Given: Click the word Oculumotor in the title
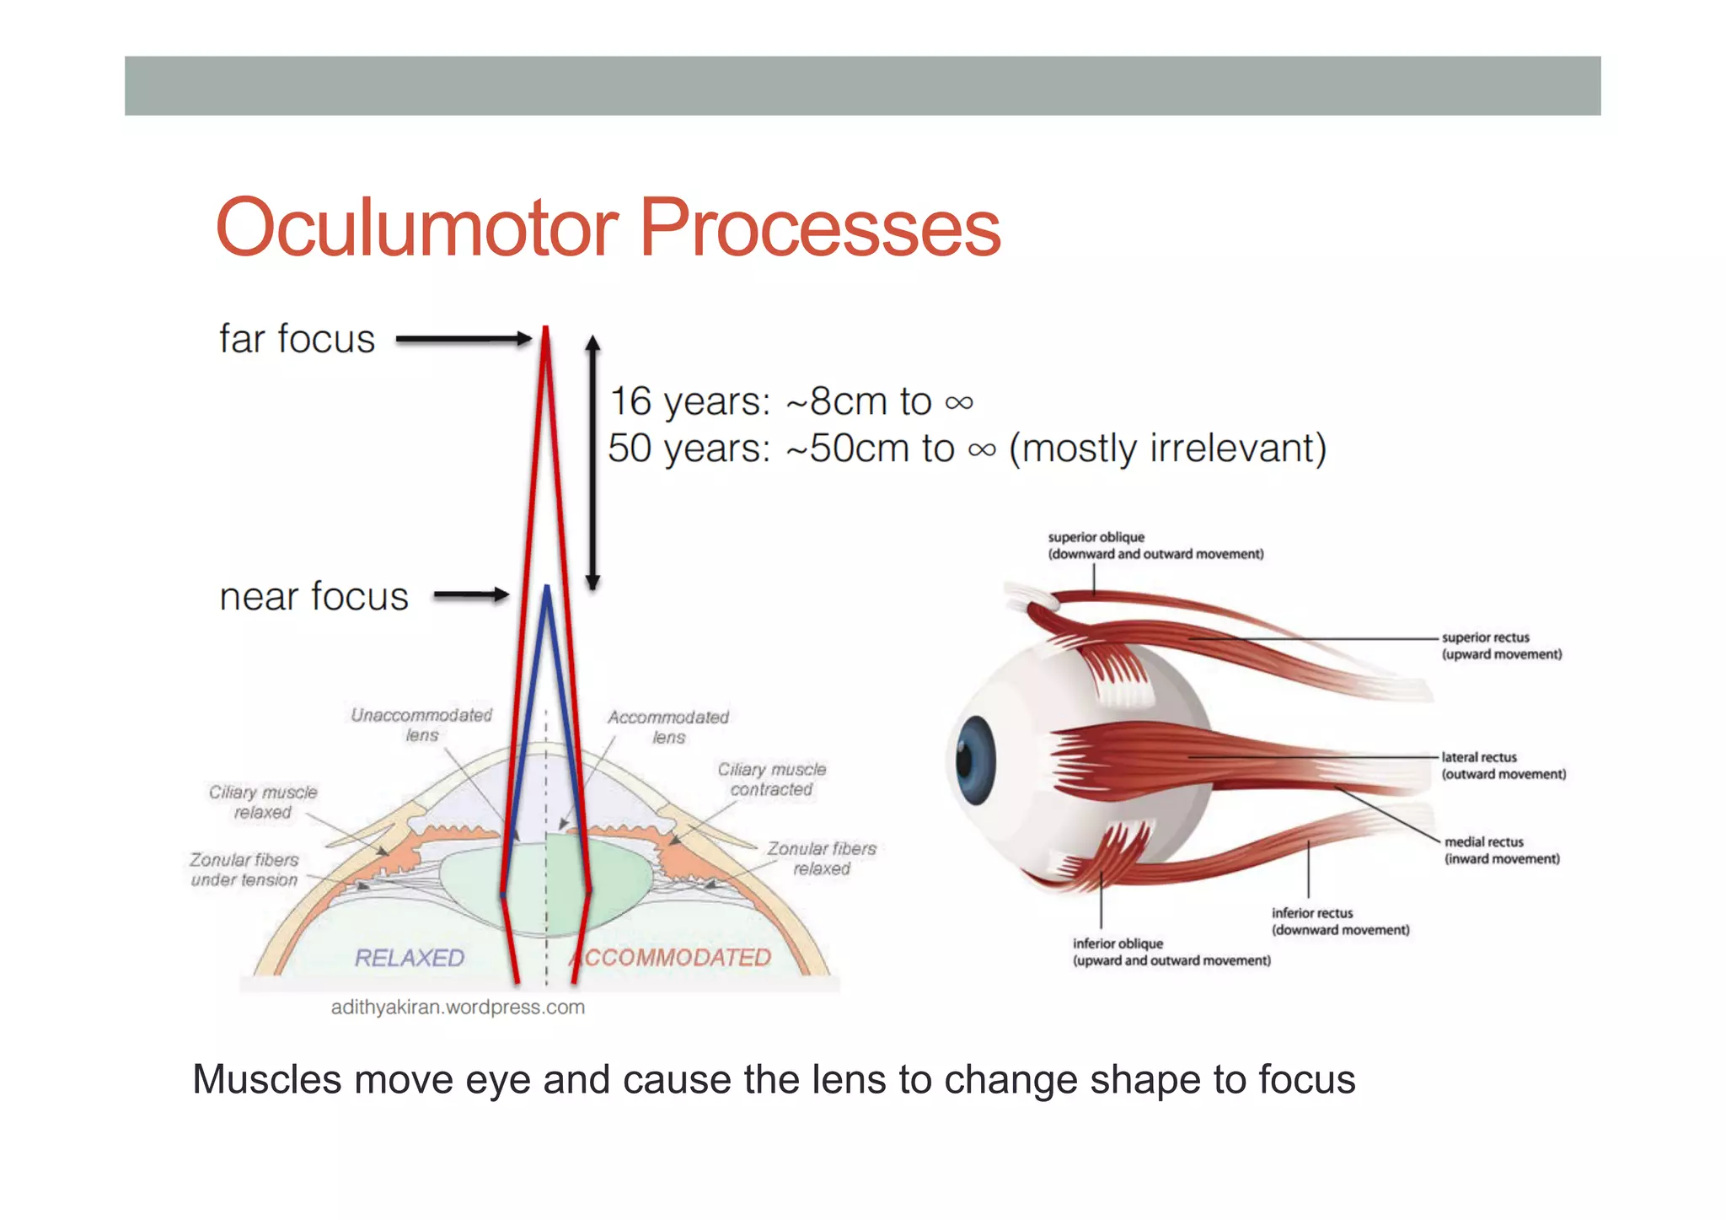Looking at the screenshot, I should [x=417, y=228].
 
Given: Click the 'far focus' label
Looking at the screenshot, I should [x=297, y=339].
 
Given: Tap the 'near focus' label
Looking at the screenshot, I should [x=314, y=597].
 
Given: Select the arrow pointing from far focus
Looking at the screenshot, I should [x=463, y=339].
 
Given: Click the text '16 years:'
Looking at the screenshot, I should [x=689, y=401].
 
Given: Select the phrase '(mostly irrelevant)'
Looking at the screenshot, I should [x=1167, y=449].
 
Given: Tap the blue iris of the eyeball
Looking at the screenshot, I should [x=976, y=760].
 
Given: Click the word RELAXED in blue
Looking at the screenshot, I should [x=409, y=958].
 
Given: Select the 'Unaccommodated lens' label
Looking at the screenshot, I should [x=421, y=724].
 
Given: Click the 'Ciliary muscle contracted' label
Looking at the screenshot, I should [x=771, y=779].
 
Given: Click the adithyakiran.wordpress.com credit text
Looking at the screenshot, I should [x=458, y=1007].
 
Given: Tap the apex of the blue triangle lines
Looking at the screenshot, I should [x=547, y=588].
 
